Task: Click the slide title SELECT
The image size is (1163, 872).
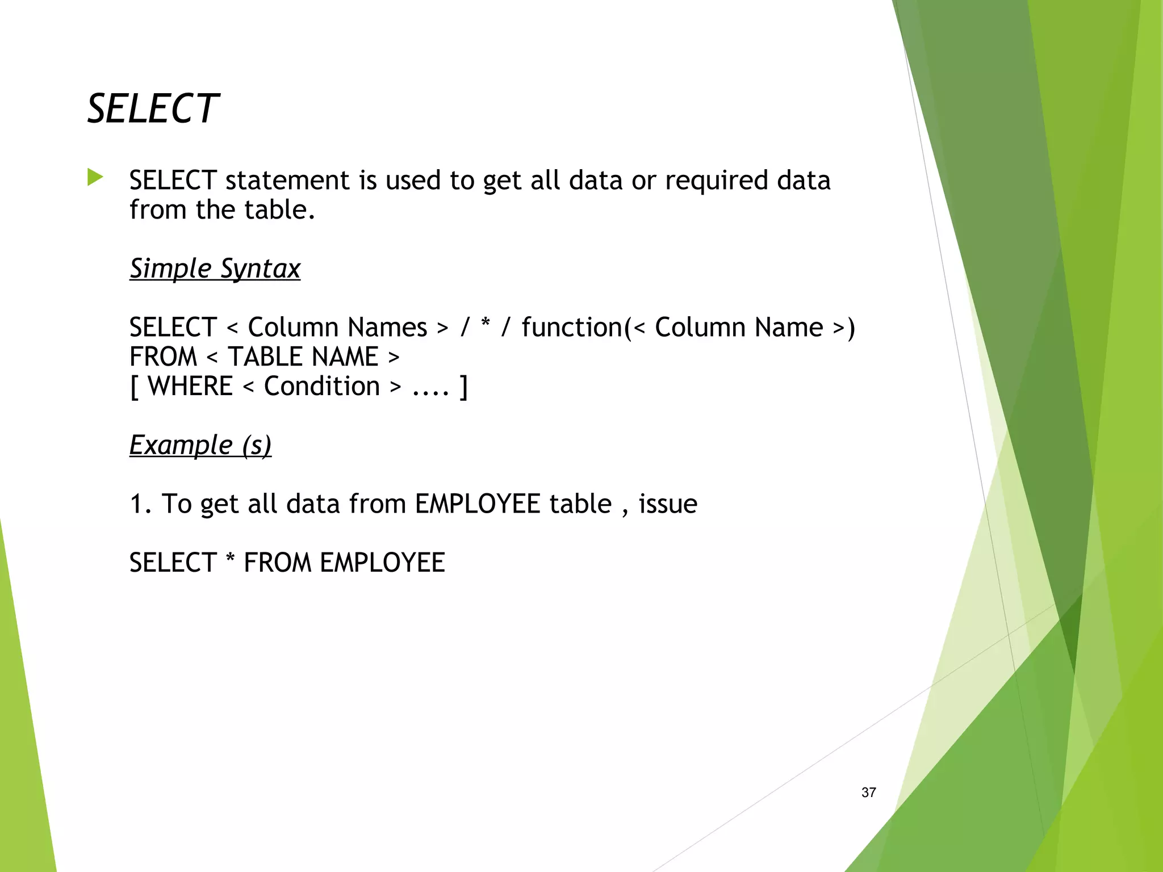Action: [152, 108]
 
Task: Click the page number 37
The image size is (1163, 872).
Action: [868, 793]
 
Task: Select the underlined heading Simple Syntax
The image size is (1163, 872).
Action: [215, 269]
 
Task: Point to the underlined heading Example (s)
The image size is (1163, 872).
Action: [200, 445]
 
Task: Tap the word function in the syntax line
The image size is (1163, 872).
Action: [572, 328]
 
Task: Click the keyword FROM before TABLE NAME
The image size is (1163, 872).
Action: [163, 357]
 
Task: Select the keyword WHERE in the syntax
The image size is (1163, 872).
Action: [190, 387]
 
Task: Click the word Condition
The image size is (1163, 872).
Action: [321, 387]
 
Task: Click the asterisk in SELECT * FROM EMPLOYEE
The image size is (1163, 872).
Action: [230, 560]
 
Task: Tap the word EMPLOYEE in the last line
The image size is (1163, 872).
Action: [382, 563]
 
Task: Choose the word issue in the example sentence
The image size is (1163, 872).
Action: [668, 504]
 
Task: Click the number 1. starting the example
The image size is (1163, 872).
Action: [140, 504]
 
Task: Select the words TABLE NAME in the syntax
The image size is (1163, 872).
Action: [303, 357]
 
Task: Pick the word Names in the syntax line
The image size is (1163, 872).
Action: [387, 328]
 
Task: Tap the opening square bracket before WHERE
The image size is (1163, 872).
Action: [135, 387]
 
